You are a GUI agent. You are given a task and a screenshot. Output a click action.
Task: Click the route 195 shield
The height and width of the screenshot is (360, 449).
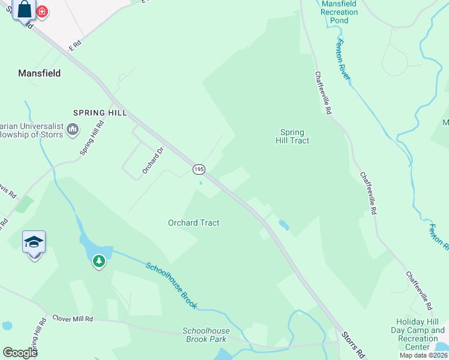(x=199, y=170)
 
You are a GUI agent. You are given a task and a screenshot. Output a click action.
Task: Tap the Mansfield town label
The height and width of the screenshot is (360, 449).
(x=39, y=73)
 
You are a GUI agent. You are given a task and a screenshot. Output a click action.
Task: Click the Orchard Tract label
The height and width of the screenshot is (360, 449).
(x=193, y=223)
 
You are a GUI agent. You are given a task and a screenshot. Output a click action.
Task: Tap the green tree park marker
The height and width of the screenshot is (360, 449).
(x=98, y=261)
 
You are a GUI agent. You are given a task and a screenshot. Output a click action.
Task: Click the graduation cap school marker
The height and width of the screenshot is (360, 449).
(x=34, y=242)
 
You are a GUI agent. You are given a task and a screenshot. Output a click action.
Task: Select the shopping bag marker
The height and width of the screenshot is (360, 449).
(x=25, y=10)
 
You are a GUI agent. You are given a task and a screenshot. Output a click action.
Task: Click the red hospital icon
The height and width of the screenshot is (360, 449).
(x=43, y=11)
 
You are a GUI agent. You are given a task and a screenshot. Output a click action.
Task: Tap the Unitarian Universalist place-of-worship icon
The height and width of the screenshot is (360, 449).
(x=73, y=129)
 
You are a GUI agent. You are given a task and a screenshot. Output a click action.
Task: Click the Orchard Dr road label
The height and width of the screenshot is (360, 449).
(x=152, y=161)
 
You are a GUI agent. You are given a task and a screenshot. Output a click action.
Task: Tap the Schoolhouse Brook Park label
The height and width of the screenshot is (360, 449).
(x=205, y=335)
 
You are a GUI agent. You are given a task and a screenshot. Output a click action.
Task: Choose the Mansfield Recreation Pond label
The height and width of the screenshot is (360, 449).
(x=339, y=11)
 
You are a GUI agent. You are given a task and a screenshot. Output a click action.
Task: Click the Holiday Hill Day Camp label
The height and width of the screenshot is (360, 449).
(x=420, y=330)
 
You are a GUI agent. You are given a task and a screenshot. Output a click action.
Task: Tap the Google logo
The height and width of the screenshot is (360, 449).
(x=20, y=352)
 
